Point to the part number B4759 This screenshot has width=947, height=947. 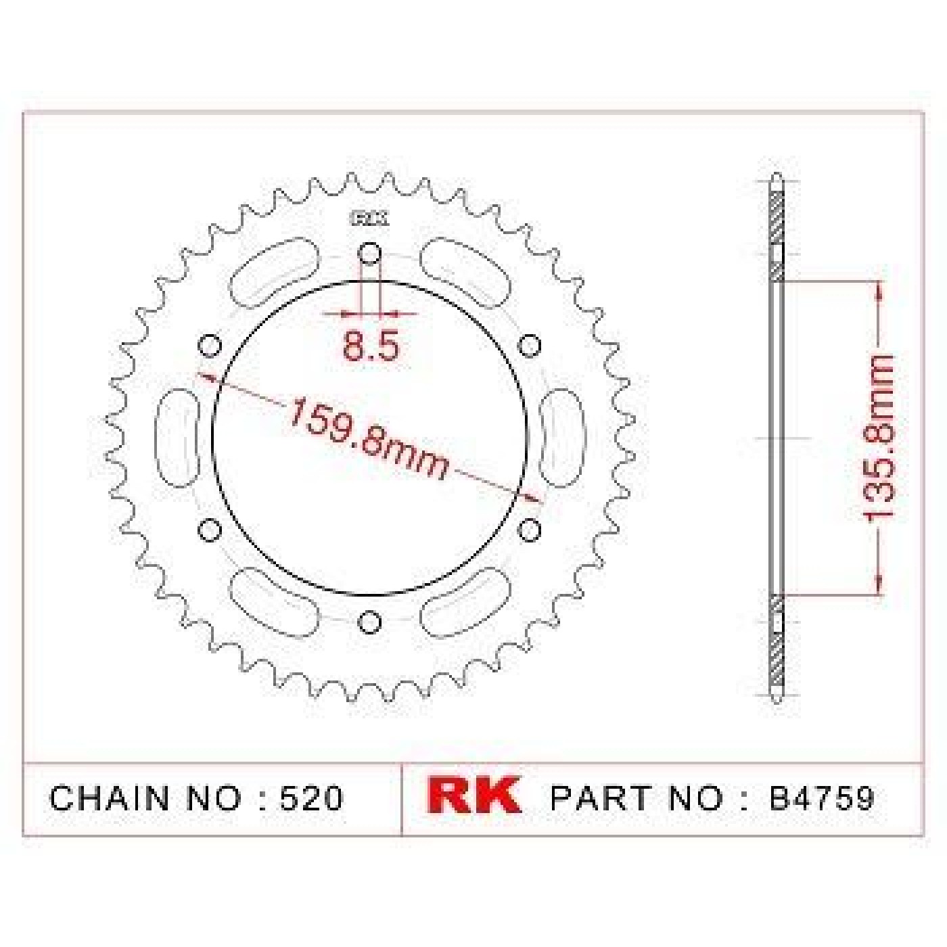[821, 799]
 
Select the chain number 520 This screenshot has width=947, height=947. [310, 799]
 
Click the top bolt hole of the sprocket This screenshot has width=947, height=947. [369, 254]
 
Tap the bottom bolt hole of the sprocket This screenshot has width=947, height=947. [369, 622]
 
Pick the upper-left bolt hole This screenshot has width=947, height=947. [210, 346]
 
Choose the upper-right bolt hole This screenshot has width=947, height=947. [529, 346]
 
